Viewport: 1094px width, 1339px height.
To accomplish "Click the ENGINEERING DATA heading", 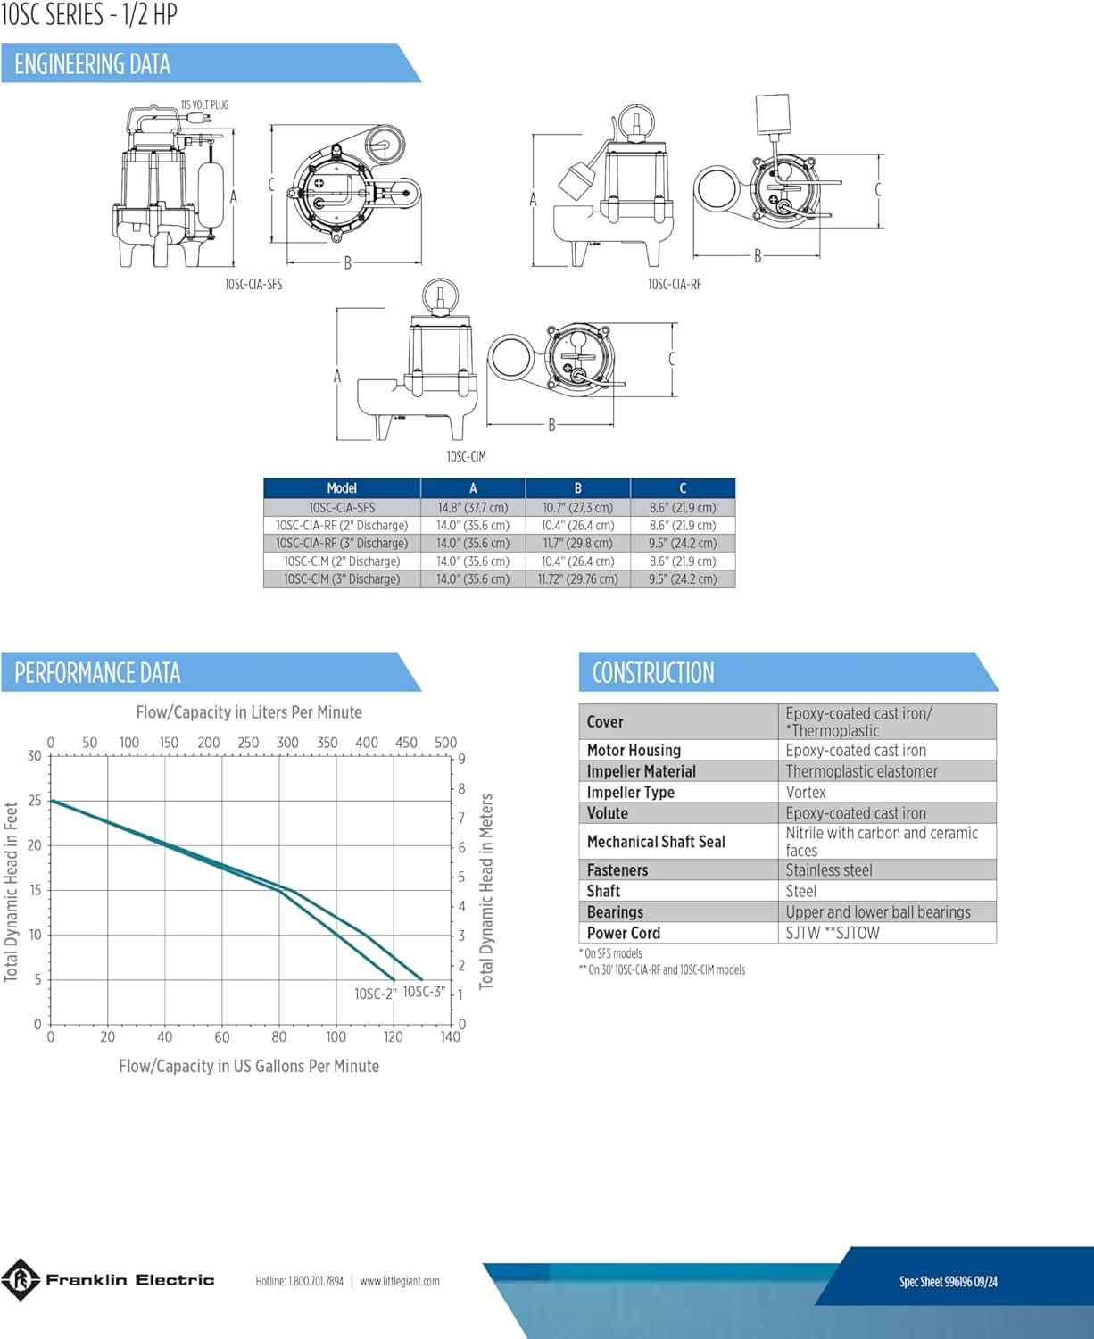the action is point(92,64).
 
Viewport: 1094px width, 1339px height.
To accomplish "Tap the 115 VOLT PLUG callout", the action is point(204,104).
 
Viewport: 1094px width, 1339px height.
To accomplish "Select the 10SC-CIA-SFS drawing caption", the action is point(253,284).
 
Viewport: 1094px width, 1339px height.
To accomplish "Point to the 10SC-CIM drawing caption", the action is point(466,456).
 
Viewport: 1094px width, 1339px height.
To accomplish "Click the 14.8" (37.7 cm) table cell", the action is point(473,508).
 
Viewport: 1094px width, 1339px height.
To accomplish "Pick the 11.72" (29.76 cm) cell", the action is point(577,579).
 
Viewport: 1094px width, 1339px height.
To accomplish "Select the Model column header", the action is point(342,487).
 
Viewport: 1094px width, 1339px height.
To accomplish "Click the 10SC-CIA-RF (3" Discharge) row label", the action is point(342,544).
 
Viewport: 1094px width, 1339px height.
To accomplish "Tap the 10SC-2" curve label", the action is point(376,994).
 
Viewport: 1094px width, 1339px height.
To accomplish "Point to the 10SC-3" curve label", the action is point(425,992).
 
